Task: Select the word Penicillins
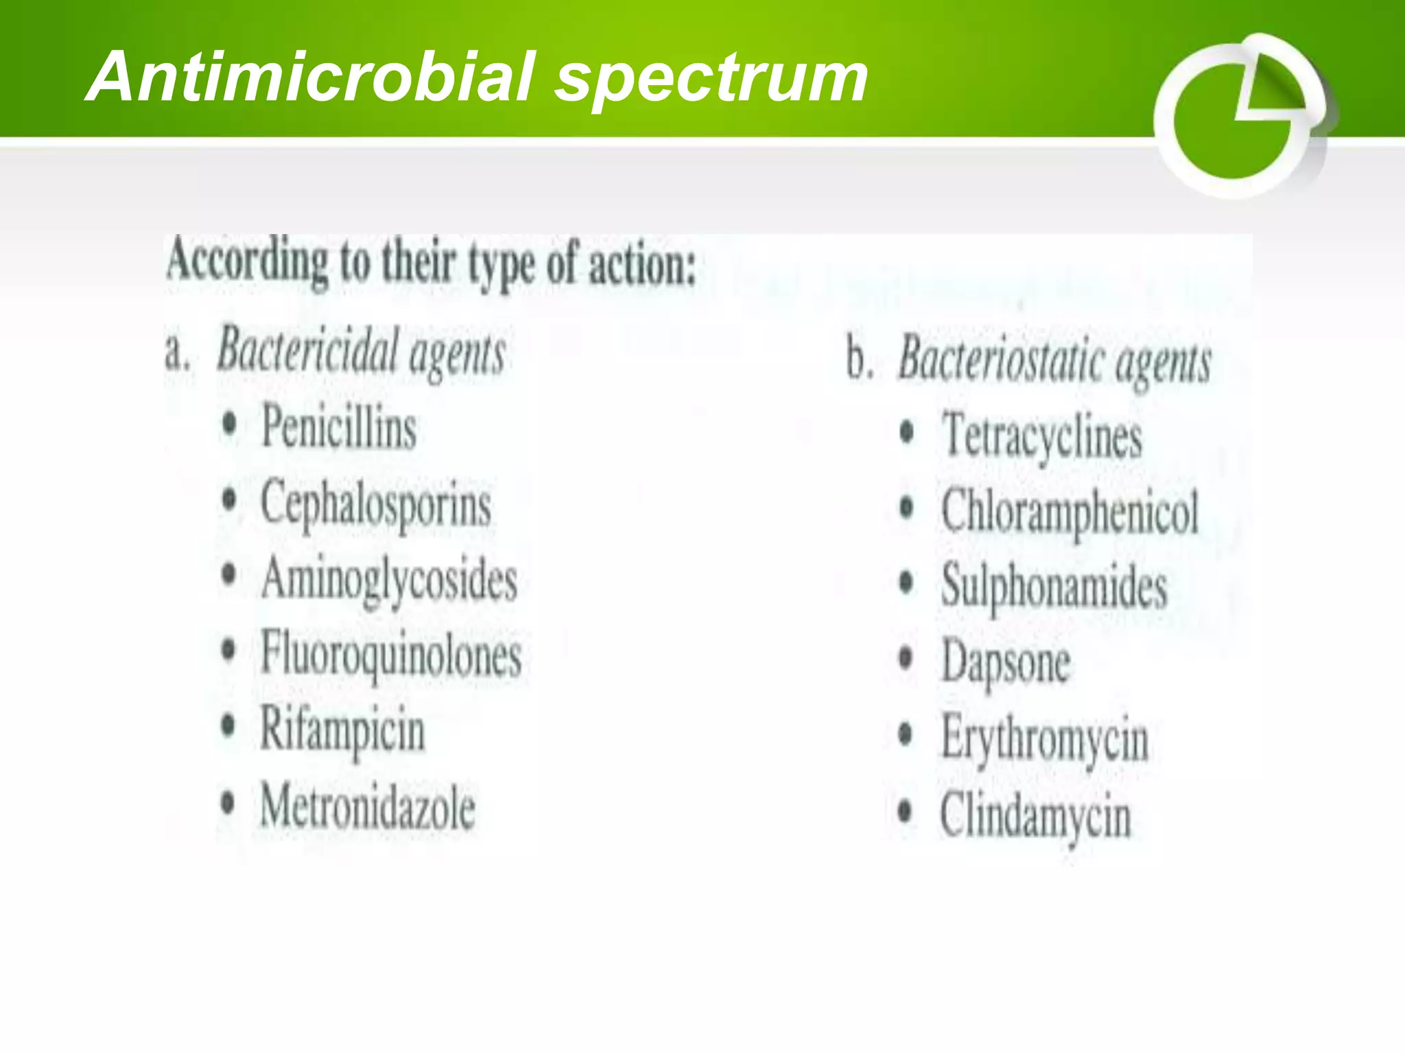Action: click(x=339, y=427)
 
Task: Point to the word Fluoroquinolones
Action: click(x=391, y=655)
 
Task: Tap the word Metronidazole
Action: click(x=368, y=807)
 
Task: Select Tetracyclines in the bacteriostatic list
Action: click(x=1042, y=436)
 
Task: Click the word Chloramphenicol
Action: click(x=1070, y=512)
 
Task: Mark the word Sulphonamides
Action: click(x=1054, y=587)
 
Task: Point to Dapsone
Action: click(x=1005, y=663)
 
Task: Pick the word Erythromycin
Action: click(x=1045, y=740)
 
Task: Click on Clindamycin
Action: click(x=1035, y=817)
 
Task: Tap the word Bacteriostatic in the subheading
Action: click(x=1001, y=360)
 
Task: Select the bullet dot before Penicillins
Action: click(x=230, y=423)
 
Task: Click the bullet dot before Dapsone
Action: click(x=906, y=658)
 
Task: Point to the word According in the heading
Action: click(x=247, y=262)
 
